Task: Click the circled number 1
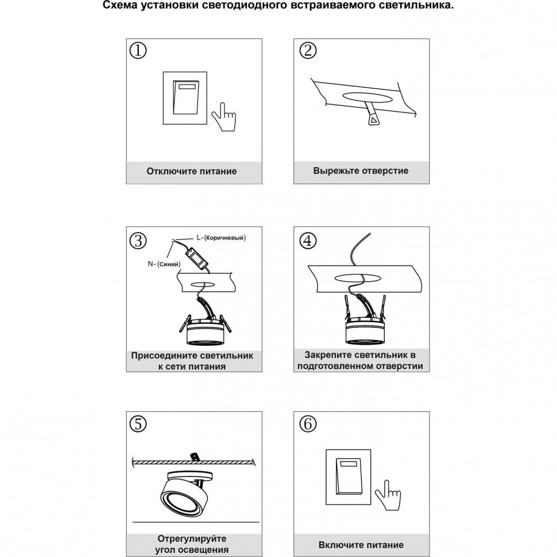pyautogui.click(x=138, y=51)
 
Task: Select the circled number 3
pyautogui.click(x=138, y=241)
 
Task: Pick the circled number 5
pyautogui.click(x=138, y=425)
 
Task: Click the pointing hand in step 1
pyautogui.click(x=223, y=118)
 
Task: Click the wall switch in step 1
pyautogui.click(x=184, y=97)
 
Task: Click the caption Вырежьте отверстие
pyautogui.click(x=361, y=171)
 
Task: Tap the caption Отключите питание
pyautogui.click(x=191, y=171)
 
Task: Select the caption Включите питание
pyautogui.click(x=361, y=545)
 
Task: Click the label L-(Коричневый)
pyautogui.click(x=221, y=237)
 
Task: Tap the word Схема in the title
pyautogui.click(x=121, y=6)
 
